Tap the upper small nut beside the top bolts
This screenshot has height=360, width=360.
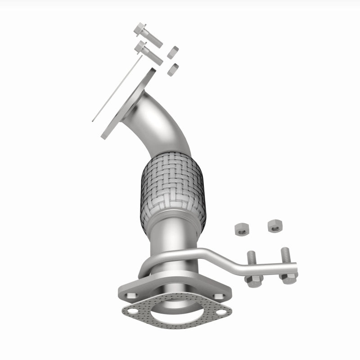pos(173,52)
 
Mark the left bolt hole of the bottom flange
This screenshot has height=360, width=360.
pos(131,296)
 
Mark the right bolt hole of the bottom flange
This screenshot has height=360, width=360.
pos(219,296)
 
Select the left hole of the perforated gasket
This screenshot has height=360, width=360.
pos(132,311)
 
